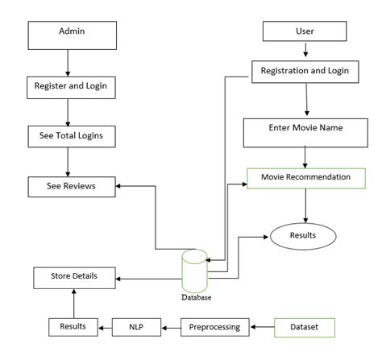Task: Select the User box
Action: (305, 31)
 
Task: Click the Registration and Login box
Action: (305, 71)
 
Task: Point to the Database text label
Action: (196, 297)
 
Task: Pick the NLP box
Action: (136, 327)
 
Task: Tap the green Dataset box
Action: (304, 327)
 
